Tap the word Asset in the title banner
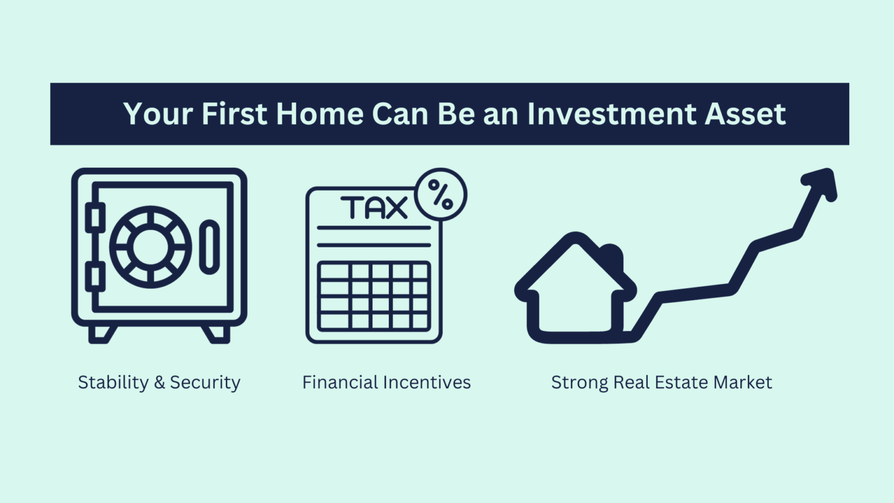(745, 114)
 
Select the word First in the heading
(234, 114)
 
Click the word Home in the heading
(320, 114)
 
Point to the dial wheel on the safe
(150, 247)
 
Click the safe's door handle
(210, 247)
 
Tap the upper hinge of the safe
(94, 217)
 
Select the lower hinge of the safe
(94, 277)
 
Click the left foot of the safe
(101, 334)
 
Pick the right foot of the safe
(217, 334)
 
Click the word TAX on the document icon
(374, 208)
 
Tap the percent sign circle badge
(441, 194)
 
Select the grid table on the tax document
(374, 296)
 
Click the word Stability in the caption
(113, 382)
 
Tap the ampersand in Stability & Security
(159, 382)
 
